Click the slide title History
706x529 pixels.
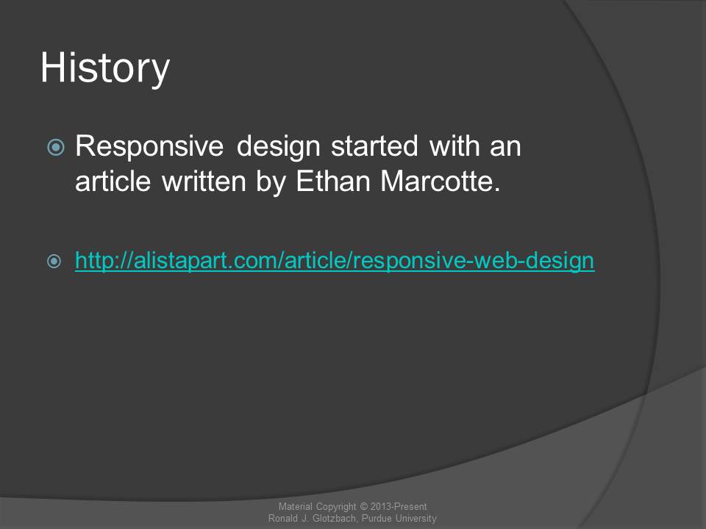point(105,68)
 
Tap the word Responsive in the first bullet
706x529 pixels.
point(149,147)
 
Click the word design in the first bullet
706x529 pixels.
point(279,147)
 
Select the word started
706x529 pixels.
point(374,146)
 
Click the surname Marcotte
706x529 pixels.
point(441,181)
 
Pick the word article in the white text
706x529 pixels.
point(113,181)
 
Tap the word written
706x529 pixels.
point(204,181)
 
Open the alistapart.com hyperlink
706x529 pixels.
point(335,261)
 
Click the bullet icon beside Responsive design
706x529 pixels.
point(56,147)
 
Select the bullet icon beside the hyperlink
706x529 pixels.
point(54,262)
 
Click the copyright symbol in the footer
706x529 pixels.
point(364,506)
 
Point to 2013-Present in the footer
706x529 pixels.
point(399,506)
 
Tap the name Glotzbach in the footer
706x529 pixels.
point(335,518)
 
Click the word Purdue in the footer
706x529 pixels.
point(377,518)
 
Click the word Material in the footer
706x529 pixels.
point(295,506)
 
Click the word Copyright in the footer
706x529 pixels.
point(336,507)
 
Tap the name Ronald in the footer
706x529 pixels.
point(282,518)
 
